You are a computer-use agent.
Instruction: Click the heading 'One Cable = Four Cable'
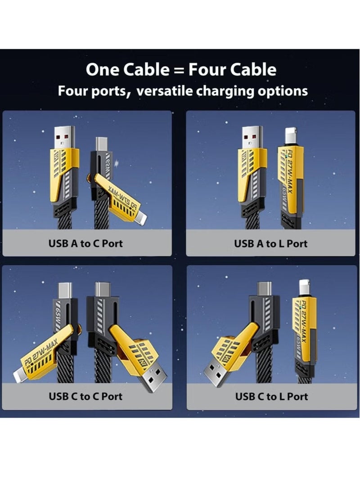pyautogui.click(x=181, y=70)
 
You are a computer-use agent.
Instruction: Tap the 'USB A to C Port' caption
pyautogui.click(x=85, y=244)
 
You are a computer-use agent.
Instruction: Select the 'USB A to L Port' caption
pyautogui.click(x=271, y=244)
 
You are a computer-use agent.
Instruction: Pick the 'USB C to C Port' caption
pyautogui.click(x=85, y=396)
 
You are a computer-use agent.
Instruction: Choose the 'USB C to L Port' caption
pyautogui.click(x=271, y=396)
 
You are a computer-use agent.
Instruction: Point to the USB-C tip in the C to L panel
pyautogui.click(x=265, y=289)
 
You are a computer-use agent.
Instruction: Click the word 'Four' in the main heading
pyautogui.click(x=207, y=70)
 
